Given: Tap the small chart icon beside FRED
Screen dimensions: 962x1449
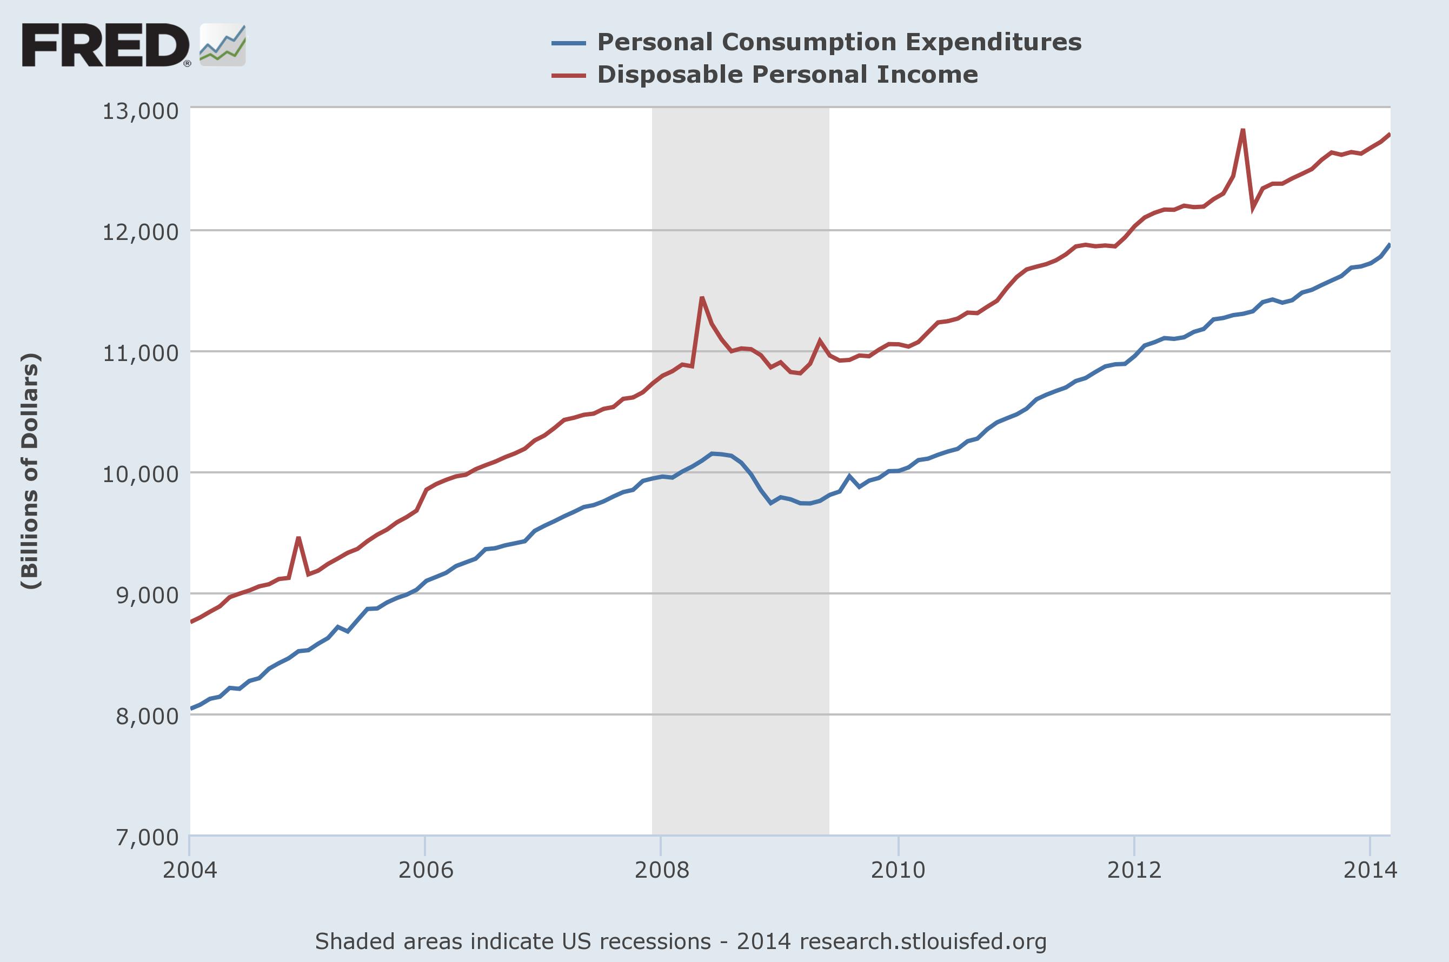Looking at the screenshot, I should [223, 45].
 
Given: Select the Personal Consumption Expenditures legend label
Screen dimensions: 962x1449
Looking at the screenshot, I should [839, 42].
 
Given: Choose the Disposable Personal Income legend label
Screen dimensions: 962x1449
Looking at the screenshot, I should [787, 75].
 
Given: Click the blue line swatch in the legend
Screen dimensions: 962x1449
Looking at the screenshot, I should [568, 43].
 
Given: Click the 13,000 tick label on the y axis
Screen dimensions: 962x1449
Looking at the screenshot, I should [141, 112].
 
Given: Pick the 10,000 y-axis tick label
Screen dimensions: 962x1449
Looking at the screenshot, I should [141, 475].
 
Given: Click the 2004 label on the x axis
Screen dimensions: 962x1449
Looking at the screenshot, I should [190, 870].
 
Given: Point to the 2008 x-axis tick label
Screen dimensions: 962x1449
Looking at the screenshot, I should [662, 870].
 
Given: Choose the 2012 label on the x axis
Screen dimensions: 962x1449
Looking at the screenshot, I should [1134, 870].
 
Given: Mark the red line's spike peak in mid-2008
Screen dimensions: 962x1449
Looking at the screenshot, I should [702, 298].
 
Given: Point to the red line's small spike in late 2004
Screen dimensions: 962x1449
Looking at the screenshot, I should [298, 538].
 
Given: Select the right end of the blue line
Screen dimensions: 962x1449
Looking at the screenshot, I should [1390, 245].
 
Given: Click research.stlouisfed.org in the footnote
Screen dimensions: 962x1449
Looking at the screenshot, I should [923, 941].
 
